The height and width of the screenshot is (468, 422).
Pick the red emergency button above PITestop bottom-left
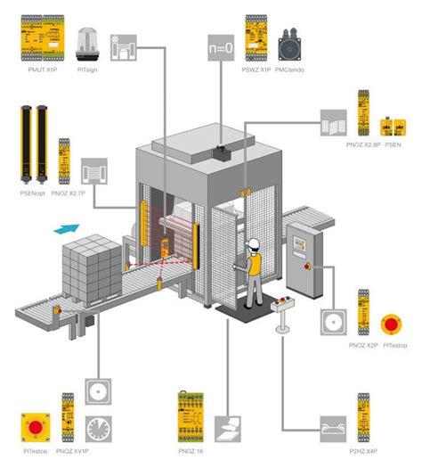click(x=37, y=427)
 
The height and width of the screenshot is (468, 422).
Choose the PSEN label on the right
click(x=393, y=143)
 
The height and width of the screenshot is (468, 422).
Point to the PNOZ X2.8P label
click(x=363, y=143)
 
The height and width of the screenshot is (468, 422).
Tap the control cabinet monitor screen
click(x=296, y=238)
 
